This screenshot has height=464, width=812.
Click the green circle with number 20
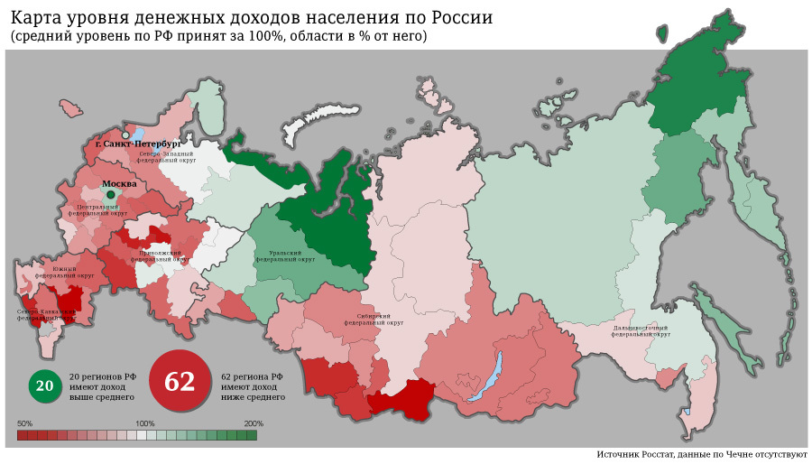[44, 385]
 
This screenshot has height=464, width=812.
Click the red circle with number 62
[179, 381]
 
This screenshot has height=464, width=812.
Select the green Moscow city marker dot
[110, 193]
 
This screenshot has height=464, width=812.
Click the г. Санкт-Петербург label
[138, 144]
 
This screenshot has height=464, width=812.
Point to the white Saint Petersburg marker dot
[125, 135]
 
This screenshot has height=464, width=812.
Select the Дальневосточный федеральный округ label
[641, 329]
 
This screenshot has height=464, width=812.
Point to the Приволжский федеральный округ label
[162, 256]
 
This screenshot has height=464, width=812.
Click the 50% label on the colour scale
[25, 423]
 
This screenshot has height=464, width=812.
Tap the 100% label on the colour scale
[144, 423]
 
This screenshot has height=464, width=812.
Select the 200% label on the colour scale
[253, 423]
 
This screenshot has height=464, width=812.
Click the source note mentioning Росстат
[701, 454]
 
